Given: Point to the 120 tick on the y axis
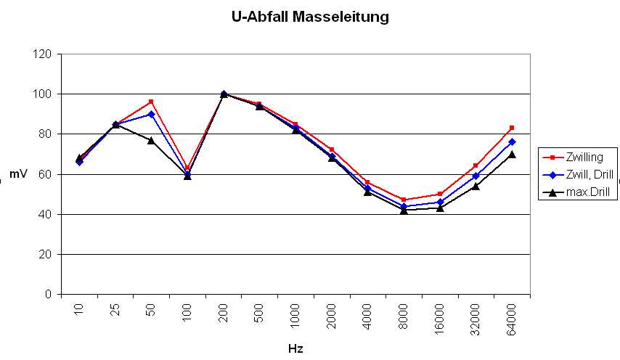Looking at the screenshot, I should [x=44, y=54].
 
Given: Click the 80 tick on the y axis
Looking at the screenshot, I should [x=46, y=134].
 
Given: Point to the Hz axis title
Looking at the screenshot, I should [x=295, y=348].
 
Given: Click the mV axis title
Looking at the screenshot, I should [x=18, y=174].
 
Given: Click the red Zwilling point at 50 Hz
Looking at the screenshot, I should [x=151, y=102].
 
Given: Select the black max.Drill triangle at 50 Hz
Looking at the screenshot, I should [x=151, y=140].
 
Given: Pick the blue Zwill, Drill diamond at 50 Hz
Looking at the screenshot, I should [x=151, y=114].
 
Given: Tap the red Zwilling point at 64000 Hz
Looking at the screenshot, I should [x=512, y=128].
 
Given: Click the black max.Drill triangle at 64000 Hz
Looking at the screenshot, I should [x=512, y=154].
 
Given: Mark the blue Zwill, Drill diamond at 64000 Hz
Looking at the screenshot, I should [x=512, y=142].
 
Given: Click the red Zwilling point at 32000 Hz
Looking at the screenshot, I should [x=476, y=165].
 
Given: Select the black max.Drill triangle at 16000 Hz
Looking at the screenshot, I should [x=440, y=208].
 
